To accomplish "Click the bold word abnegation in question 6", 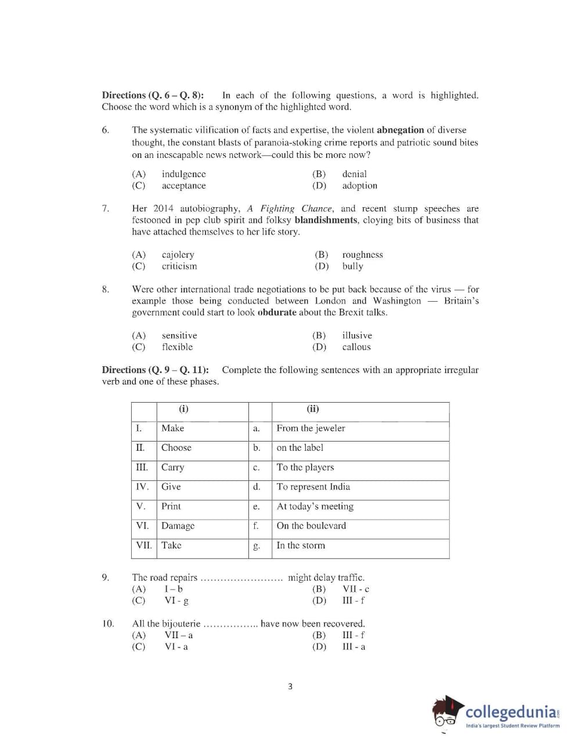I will (400, 130).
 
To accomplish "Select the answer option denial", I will (354, 174).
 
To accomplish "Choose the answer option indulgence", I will (183, 174).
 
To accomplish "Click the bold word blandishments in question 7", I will (326, 220).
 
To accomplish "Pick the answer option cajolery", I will (178, 255).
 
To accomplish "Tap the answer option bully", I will (352, 266).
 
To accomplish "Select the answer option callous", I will (356, 347).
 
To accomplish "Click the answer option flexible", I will (177, 347).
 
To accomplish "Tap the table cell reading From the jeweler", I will (311, 428).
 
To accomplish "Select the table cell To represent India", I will (313, 487).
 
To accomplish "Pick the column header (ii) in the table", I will (313, 409).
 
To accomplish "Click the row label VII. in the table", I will (143, 545).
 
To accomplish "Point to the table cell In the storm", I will (301, 545).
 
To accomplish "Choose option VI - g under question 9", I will (176, 601).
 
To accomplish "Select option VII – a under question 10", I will (178, 635).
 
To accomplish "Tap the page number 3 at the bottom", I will (290, 686).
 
